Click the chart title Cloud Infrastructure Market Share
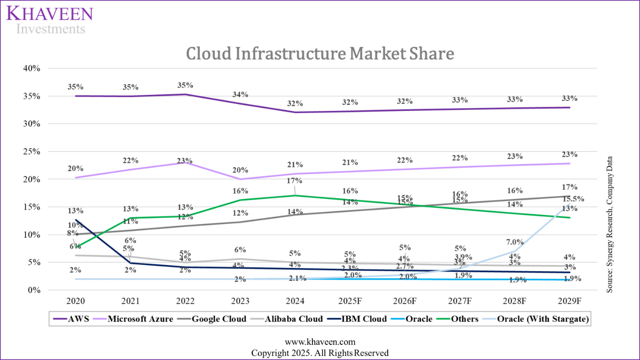pos(320,54)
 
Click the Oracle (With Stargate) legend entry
pos(542,319)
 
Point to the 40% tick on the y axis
pos(32,68)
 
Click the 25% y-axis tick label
pos(32,152)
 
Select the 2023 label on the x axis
pos(240,301)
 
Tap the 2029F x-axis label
pos(570,301)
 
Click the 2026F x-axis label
pos(405,301)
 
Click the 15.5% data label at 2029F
pos(573,199)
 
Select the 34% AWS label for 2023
pos(240,94)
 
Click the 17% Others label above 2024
pos(295,180)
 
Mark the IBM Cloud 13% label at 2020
pos(76,211)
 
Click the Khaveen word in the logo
pos(50,13)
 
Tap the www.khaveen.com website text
pos(320,342)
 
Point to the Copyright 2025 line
pos(320,353)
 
